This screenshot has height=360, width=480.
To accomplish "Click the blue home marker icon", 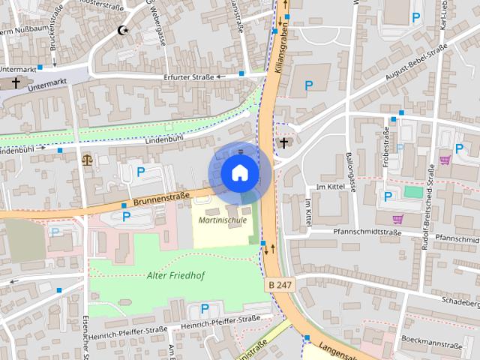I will tap(239, 172).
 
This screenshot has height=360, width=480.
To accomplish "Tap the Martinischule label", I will tap(223, 220).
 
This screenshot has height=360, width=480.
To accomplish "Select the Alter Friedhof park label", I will tap(176, 275).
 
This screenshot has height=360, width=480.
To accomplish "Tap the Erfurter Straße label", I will tap(187, 77).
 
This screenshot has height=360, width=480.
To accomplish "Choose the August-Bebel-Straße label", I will tap(415, 63).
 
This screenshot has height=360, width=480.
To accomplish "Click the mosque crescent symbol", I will tap(123, 31).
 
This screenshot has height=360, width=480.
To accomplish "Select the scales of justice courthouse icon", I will tap(88, 158).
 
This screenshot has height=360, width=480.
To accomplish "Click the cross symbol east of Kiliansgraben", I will tap(283, 142).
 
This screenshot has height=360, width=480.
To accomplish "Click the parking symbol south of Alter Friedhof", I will tap(204, 308).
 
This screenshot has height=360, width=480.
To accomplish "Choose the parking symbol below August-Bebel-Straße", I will tap(307, 86).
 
